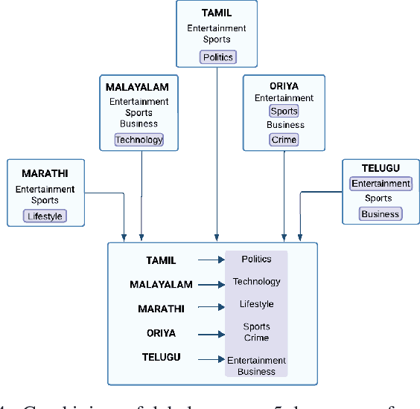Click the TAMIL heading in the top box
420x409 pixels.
[x=217, y=13]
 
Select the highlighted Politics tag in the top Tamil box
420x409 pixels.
[x=217, y=57]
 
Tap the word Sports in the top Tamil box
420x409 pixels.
[x=217, y=39]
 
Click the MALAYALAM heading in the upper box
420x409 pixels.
[x=137, y=87]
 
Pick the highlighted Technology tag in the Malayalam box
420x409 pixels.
[x=139, y=140]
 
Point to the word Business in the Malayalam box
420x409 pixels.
[x=139, y=123]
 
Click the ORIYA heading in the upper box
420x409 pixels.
[x=283, y=86]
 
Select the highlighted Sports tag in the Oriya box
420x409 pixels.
[x=284, y=111]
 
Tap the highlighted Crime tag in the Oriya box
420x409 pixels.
[x=284, y=140]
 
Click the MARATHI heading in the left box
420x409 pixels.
[x=44, y=174]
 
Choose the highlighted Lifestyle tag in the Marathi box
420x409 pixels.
[x=45, y=216]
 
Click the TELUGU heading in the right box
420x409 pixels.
[x=381, y=169]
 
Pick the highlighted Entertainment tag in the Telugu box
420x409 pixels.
[x=381, y=184]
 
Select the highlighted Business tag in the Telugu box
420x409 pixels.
[x=381, y=214]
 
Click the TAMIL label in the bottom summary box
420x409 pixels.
[x=161, y=260]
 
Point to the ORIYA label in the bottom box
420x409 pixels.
[x=161, y=333]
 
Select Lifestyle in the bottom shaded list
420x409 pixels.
[x=256, y=304]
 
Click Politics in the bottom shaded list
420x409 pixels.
[x=256, y=260]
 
